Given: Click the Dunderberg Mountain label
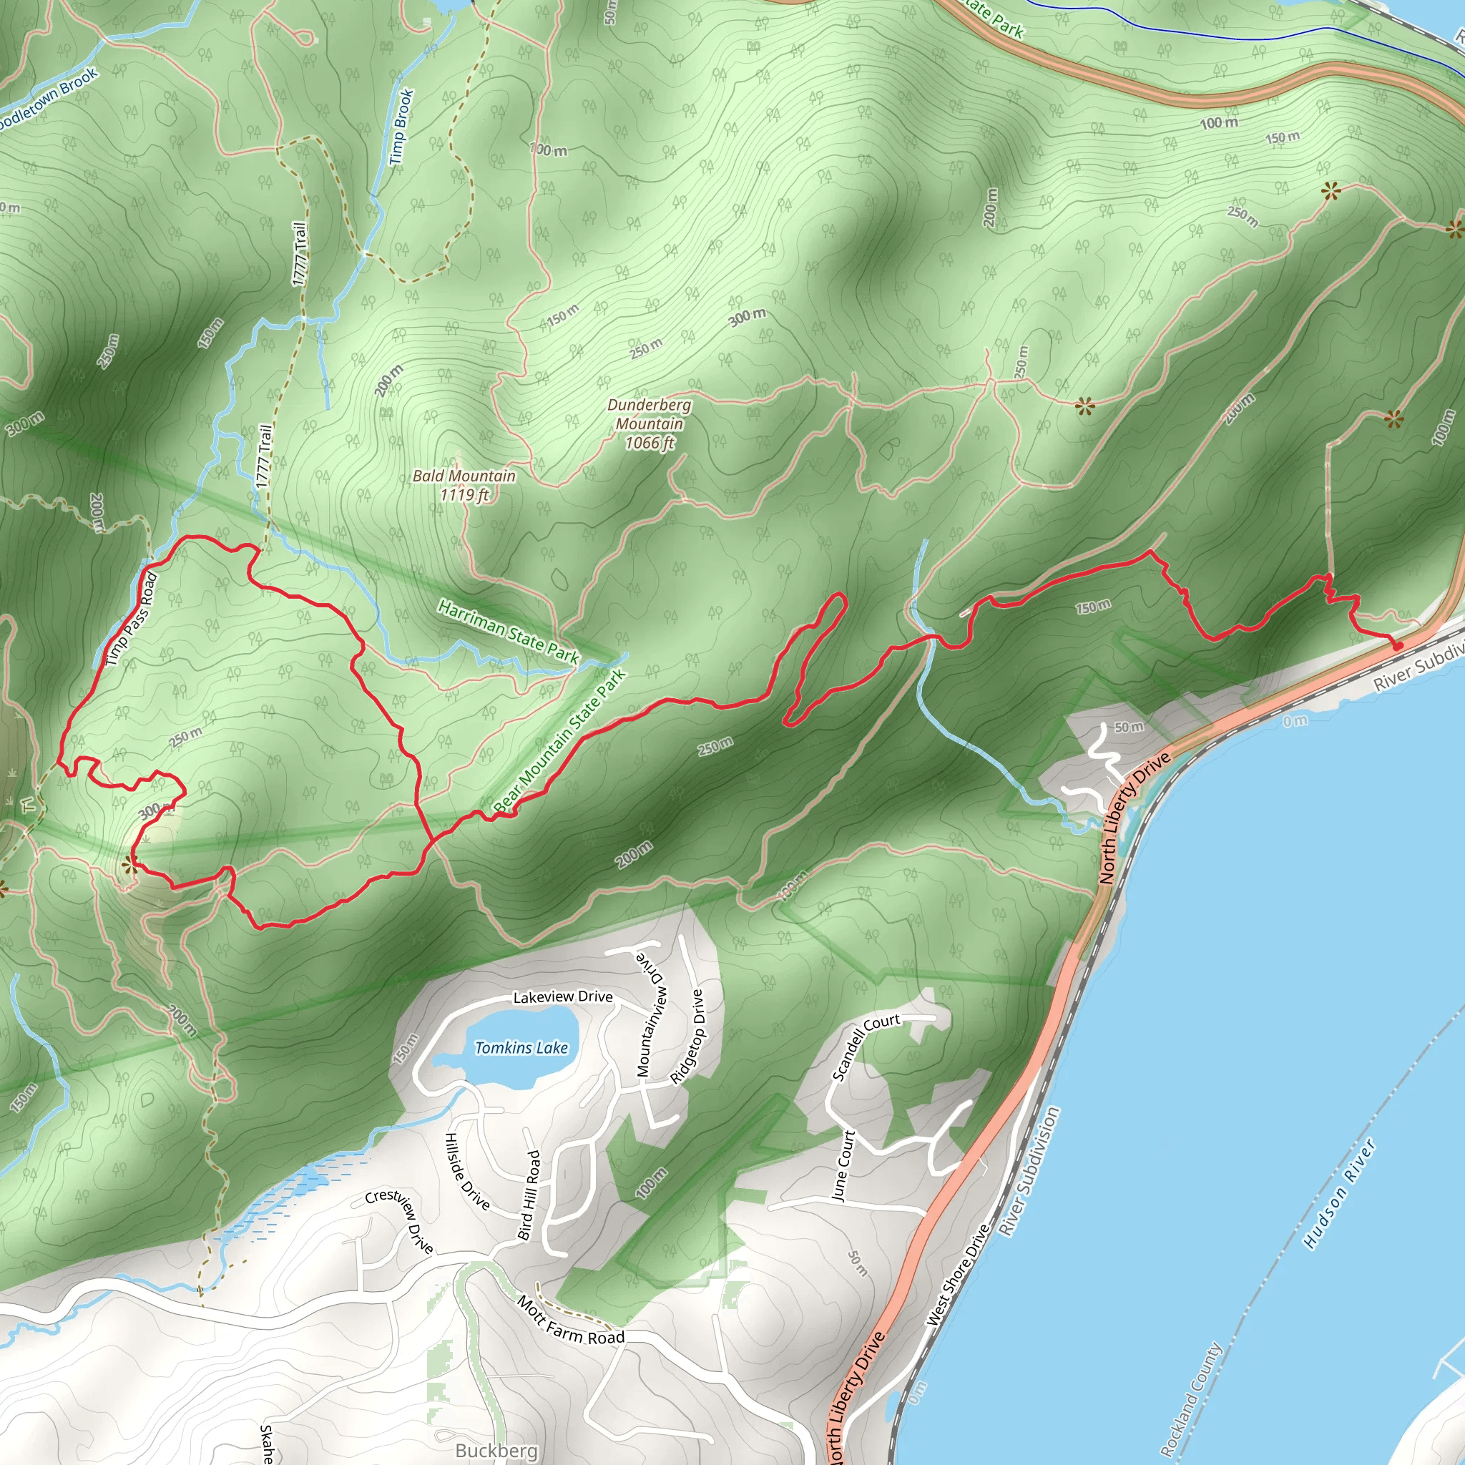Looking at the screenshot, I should coord(649,424).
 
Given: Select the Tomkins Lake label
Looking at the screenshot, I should coord(521,1048).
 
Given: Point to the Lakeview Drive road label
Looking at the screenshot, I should coord(563,997).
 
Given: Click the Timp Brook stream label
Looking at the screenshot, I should coord(401,127).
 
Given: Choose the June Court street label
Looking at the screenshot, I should coord(843,1165).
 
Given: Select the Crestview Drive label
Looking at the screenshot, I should coord(400,1221).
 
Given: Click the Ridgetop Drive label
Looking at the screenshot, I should coord(687,1036).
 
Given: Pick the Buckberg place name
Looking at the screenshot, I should coord(496,1451).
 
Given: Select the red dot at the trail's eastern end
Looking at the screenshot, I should coord(1398,645).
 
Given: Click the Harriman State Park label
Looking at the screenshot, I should coord(509,631).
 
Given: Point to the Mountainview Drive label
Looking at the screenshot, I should coord(652,1012).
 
